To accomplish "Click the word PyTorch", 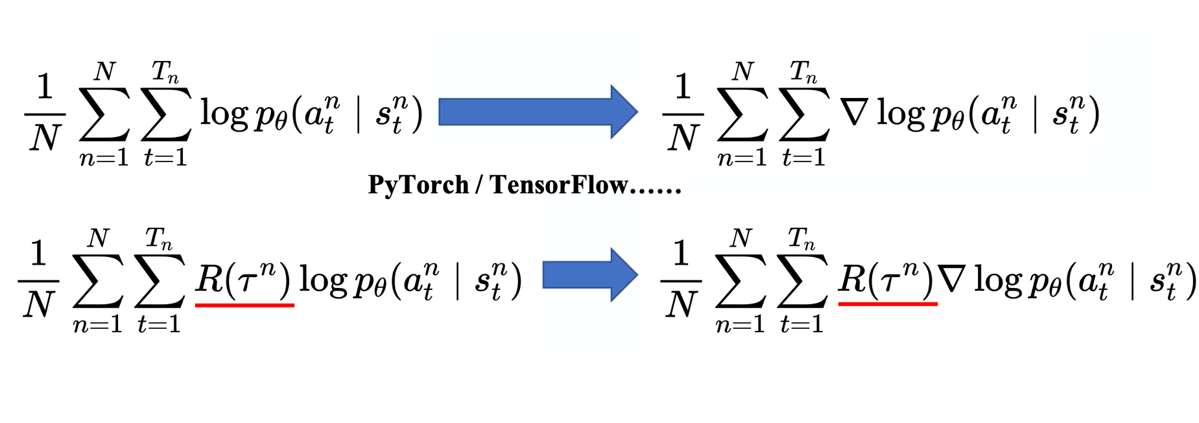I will pos(418,185).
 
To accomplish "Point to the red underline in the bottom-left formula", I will pos(244,304).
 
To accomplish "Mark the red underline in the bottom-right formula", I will pos(888,303).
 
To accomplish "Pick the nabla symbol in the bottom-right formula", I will pos(953,280).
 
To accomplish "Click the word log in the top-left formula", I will pos(224,114).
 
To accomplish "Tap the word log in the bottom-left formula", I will pos(322,281).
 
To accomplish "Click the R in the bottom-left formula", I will pos(209,279).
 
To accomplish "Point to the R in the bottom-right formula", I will pos(852,278).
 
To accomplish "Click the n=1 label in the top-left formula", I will pos(104,158).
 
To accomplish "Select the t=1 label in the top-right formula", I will pos(803,158).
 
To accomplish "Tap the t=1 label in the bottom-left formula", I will pos(159,324).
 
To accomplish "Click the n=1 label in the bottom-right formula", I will pos(740,323).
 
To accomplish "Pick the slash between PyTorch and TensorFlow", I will pos(479,186).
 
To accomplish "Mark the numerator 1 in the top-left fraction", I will pos(44,87).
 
